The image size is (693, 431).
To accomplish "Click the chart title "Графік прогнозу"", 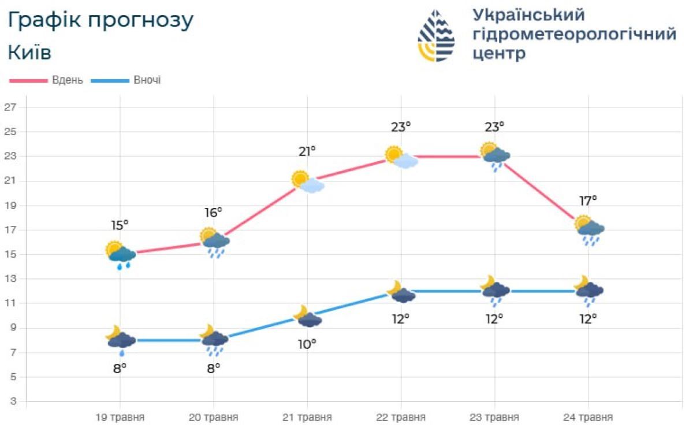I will [x=100, y=21].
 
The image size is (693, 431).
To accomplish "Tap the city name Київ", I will [x=29, y=53].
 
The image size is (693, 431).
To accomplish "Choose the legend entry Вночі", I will [x=147, y=80].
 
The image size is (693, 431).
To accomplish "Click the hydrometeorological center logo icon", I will [x=436, y=36].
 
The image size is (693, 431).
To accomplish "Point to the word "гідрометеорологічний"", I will [x=574, y=34].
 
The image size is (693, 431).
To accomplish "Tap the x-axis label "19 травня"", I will [x=120, y=417].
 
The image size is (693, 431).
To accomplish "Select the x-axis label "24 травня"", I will [x=588, y=417].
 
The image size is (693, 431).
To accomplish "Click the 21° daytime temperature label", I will [x=307, y=151].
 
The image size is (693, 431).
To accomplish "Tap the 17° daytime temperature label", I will [x=588, y=200].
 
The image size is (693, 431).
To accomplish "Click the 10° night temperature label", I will [x=307, y=344].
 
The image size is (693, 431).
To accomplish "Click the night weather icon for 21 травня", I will [x=307, y=317].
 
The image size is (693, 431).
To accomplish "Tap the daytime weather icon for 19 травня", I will [x=121, y=254].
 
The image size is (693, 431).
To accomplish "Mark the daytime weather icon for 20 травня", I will [x=215, y=241].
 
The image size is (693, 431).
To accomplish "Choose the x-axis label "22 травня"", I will [x=401, y=417].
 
